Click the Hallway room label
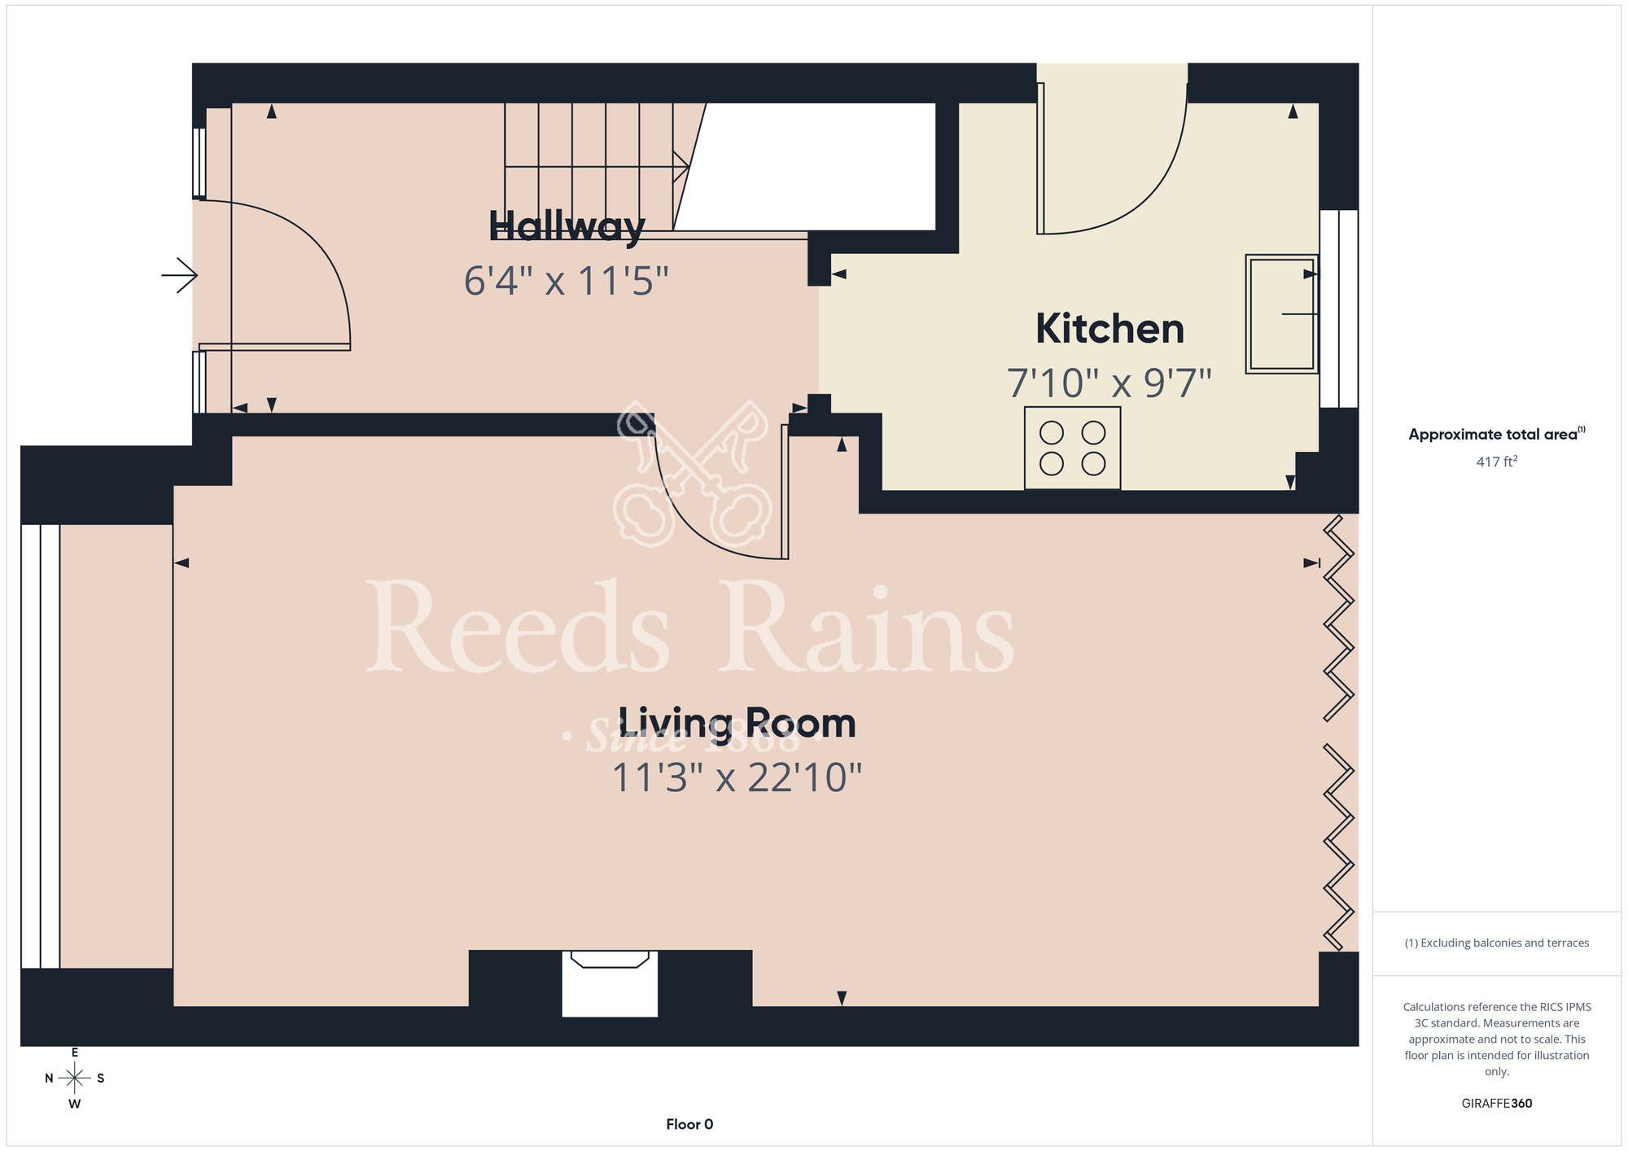[567, 227]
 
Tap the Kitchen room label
[1109, 329]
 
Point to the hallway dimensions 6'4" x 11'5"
[567, 282]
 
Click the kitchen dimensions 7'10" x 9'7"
[1109, 383]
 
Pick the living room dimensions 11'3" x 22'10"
[737, 778]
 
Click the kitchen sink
[1282, 314]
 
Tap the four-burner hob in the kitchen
[1073, 449]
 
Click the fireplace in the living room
[610, 983]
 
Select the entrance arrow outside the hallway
[180, 276]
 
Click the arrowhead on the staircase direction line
[681, 167]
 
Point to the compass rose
[75, 1079]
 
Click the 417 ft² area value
[1497, 462]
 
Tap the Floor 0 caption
[689, 1124]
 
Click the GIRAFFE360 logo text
[1497, 1104]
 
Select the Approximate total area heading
[1497, 434]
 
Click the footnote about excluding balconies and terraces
[1497, 943]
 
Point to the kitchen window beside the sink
[1339, 309]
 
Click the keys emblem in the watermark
[693, 473]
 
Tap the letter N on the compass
[49, 1079]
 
